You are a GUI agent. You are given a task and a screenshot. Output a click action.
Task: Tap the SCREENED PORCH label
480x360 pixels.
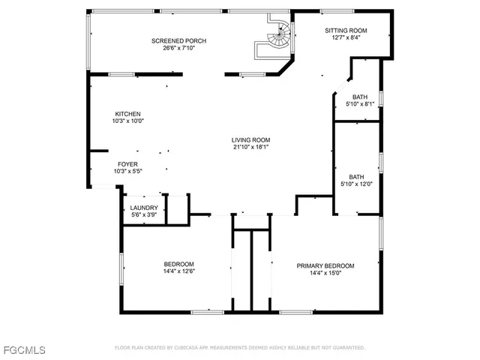[178, 40]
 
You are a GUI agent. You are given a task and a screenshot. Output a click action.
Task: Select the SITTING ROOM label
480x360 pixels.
[346, 31]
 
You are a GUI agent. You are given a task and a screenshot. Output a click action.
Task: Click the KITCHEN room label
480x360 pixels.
[127, 113]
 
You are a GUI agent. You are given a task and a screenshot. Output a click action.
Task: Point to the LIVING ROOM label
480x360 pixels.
[250, 139]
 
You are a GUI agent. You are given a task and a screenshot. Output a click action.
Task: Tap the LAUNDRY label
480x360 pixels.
[144, 208]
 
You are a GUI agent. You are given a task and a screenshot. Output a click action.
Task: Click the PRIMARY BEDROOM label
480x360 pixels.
[325, 265]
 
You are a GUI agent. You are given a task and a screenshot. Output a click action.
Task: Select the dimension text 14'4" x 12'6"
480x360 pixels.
[179, 272]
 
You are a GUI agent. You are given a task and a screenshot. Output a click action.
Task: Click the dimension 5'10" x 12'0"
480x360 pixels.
[356, 184]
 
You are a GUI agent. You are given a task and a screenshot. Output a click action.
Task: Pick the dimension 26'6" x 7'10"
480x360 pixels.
[178, 48]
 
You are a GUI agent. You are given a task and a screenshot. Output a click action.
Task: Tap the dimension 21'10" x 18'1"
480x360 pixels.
[250, 147]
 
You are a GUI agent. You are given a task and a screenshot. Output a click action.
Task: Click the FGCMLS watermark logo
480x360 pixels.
[23, 350]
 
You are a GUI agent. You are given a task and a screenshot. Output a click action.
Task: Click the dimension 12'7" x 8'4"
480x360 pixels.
[346, 38]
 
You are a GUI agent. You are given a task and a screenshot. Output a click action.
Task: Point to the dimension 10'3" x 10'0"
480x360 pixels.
[127, 120]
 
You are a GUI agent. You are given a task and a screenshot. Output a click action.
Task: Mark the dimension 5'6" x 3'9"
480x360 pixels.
[144, 215]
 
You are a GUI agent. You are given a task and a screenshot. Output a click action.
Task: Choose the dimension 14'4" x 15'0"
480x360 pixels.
[325, 273]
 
